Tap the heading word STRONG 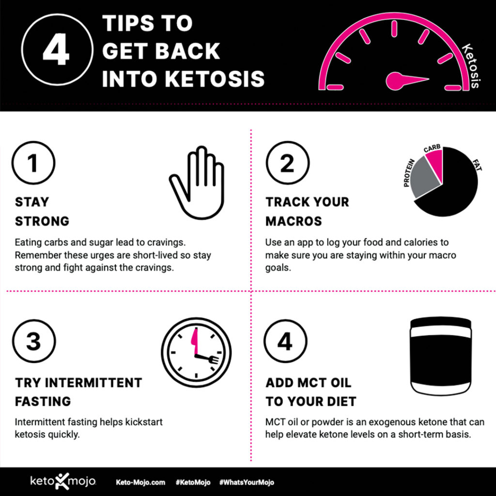pyautogui.click(x=42, y=221)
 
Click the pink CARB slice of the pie pyautogui.click(x=434, y=162)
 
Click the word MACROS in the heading pyautogui.click(x=294, y=221)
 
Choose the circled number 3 pyautogui.click(x=33, y=341)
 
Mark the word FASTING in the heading pyautogui.click(x=43, y=402)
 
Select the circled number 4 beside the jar pyautogui.click(x=285, y=341)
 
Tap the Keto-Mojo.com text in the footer pyautogui.click(x=140, y=482)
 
